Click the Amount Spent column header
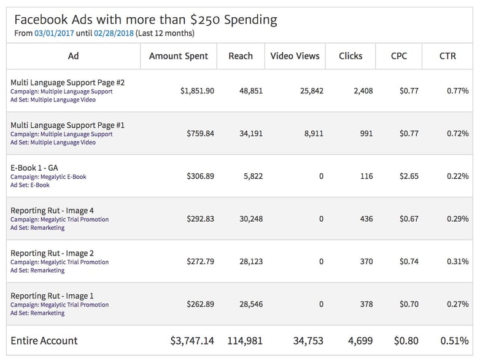pos(179,56)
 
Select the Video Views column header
pos(295,56)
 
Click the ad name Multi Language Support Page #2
pos(68,82)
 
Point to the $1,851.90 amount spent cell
pos(197,91)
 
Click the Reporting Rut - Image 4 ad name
pos(52,211)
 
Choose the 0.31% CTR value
pos(457,262)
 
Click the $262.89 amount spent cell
pos(200,304)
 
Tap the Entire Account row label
pos(44,340)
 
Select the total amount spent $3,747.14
pos(192,341)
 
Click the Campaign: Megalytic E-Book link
pos(48,177)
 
